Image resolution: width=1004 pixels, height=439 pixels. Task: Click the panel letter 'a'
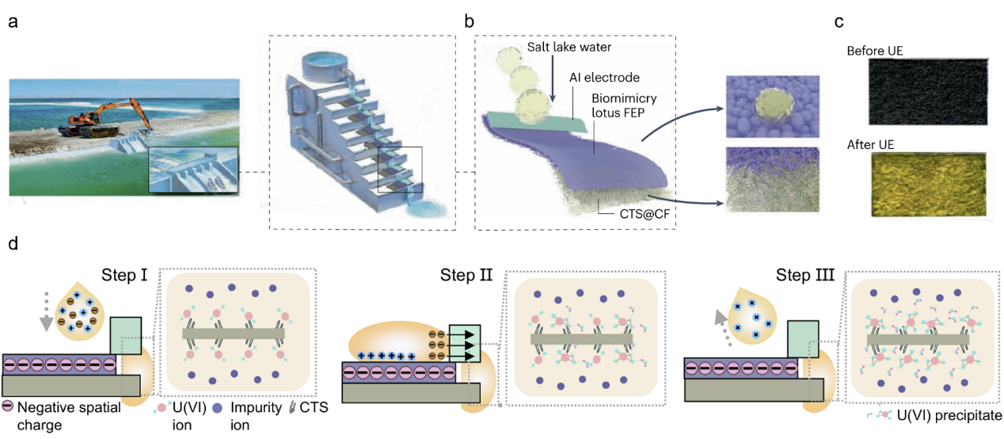13,21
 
